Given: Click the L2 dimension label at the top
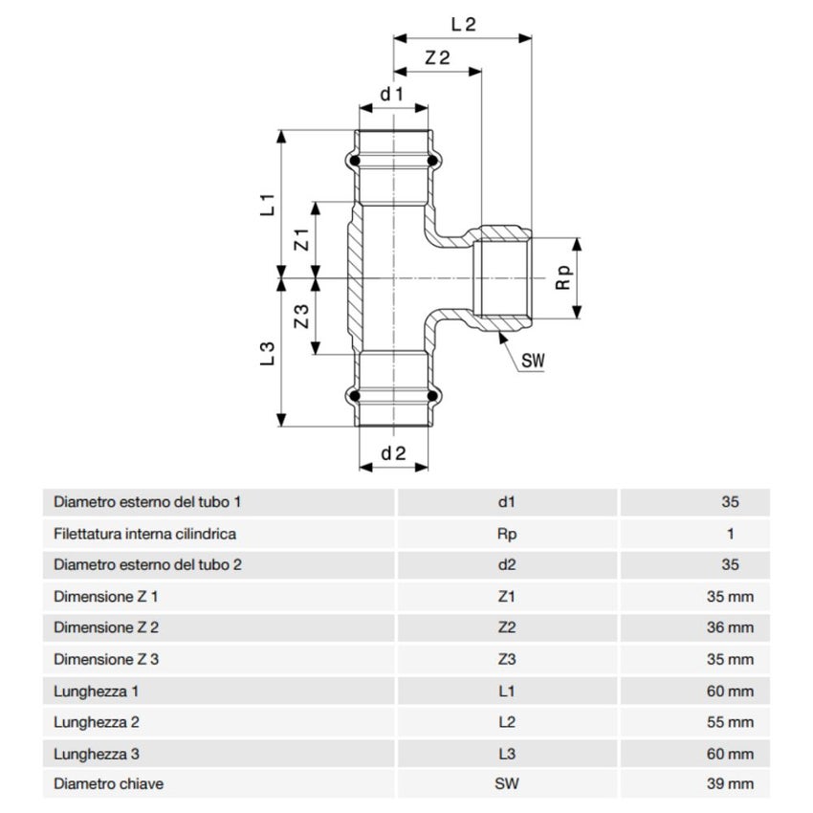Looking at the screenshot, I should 463,26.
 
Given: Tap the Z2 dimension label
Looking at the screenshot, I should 437,58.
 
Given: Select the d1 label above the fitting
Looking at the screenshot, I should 392,94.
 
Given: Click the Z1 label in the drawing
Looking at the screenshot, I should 301,240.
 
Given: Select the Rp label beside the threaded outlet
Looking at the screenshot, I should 564,278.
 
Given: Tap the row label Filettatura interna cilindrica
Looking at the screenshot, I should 144,534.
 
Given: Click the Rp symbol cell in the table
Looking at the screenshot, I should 507,534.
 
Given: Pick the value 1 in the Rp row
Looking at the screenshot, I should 731,534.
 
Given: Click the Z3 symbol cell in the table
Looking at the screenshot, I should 507,659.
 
